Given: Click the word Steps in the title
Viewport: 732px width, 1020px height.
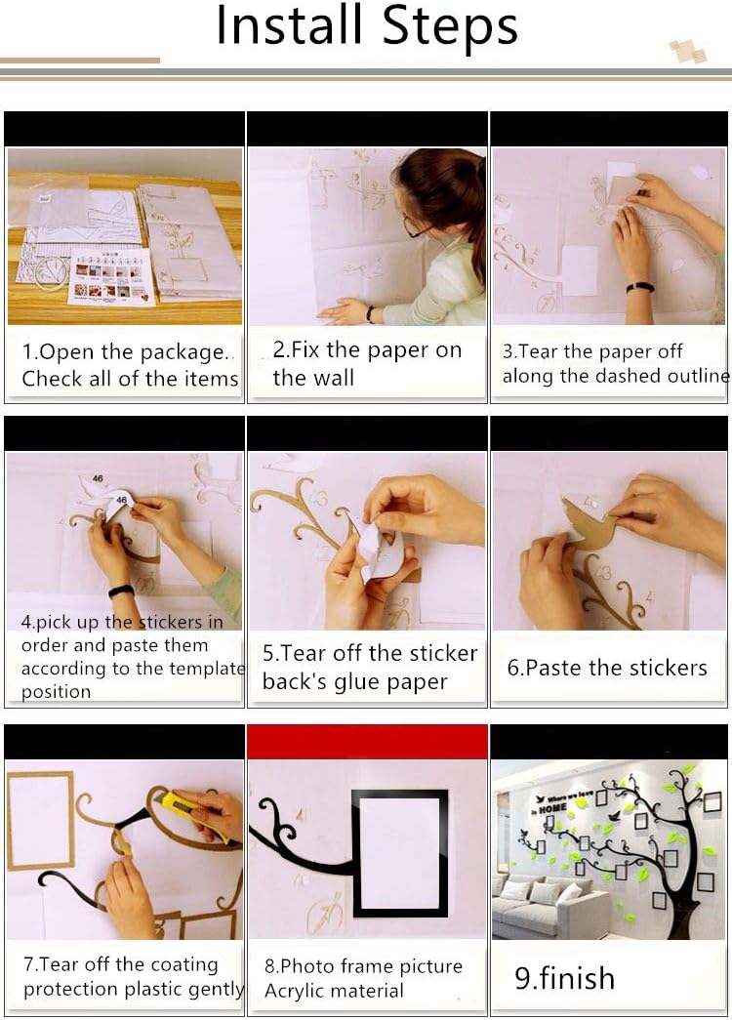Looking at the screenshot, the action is (450, 27).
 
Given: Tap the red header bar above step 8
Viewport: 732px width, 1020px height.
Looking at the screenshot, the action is (367, 741).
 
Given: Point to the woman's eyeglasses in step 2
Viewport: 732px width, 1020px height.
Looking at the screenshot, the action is (417, 225).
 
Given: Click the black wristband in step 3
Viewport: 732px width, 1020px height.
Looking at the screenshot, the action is (640, 287).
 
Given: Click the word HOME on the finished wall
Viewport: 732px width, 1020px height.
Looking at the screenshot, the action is (552, 808).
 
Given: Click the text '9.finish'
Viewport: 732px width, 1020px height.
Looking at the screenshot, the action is (564, 978).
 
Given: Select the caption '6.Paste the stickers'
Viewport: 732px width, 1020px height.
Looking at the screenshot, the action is (606, 668).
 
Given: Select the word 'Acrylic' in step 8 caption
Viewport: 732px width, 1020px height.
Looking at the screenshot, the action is (300, 991).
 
